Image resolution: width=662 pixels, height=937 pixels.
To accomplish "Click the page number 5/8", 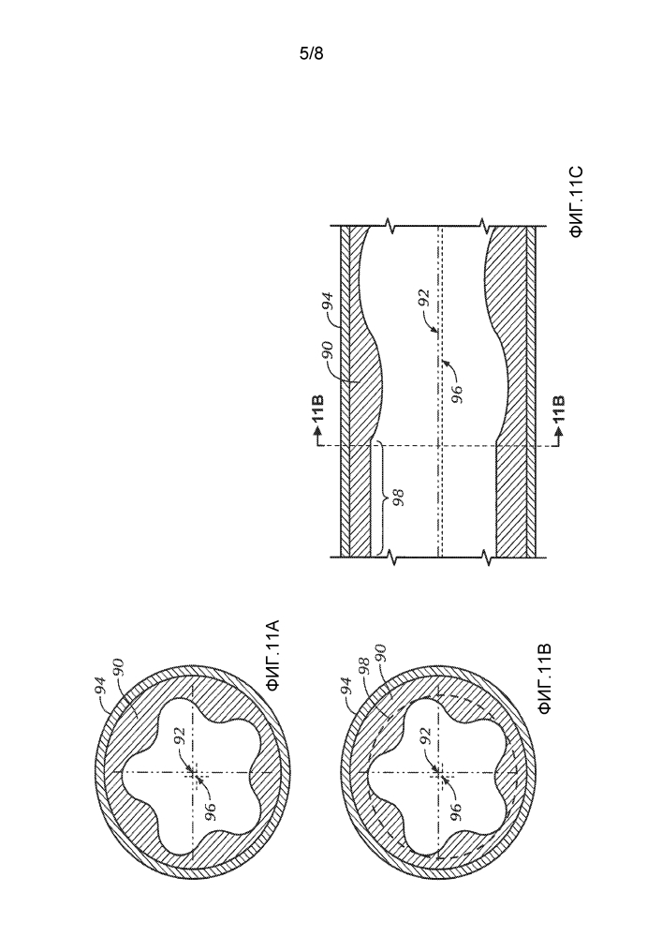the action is (x=311, y=53).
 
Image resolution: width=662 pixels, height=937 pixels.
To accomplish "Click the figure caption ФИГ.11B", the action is (x=544, y=678).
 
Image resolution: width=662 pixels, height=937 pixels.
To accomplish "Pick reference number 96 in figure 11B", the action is (x=456, y=813).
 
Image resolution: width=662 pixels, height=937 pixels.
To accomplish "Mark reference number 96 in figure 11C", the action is (x=457, y=394).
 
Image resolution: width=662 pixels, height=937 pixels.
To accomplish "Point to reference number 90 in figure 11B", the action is (x=379, y=653).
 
